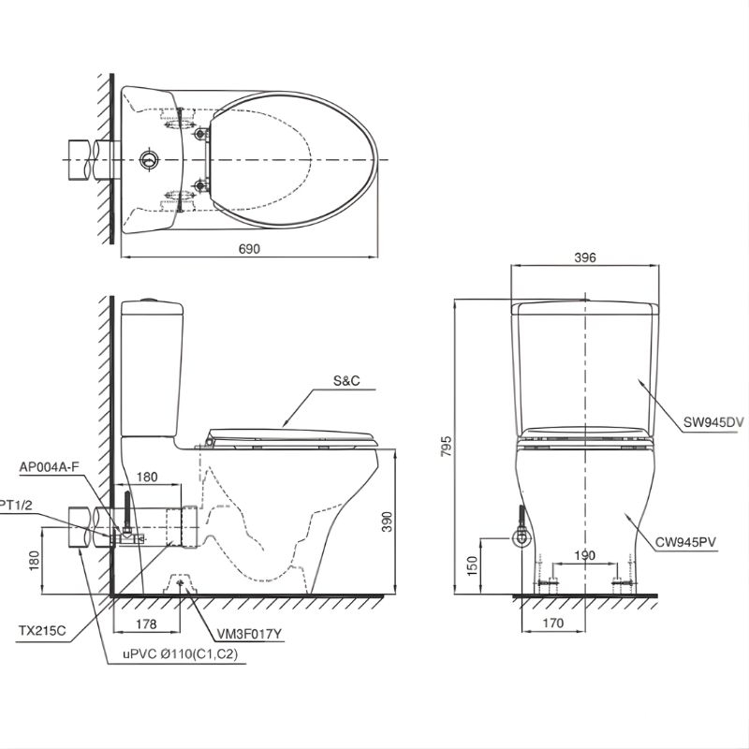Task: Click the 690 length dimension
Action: point(249,249)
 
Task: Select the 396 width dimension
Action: point(584,257)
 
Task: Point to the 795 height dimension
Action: point(446,447)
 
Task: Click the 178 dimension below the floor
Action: point(146,624)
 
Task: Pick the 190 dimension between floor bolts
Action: point(584,555)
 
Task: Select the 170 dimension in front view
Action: point(553,623)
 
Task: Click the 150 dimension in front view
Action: point(472,566)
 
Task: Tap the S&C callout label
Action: point(346,381)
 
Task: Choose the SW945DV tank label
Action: point(713,422)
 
